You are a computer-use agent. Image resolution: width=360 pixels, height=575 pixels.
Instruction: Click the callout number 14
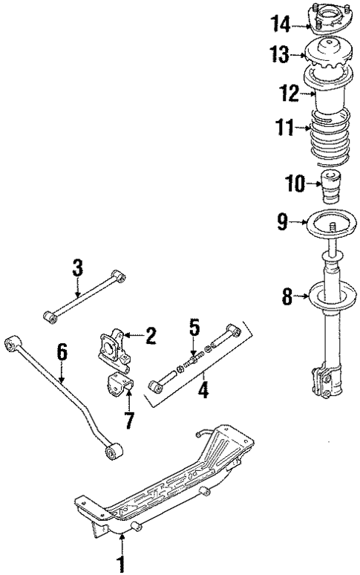280,26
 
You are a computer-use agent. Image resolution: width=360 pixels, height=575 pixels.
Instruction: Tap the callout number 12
289,94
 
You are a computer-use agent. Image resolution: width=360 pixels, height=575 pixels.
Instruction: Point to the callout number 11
286,128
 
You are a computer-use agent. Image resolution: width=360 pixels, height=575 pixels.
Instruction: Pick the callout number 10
295,183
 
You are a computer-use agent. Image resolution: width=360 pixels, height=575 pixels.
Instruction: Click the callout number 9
281,220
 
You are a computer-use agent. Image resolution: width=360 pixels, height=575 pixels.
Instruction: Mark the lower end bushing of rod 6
113,450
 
